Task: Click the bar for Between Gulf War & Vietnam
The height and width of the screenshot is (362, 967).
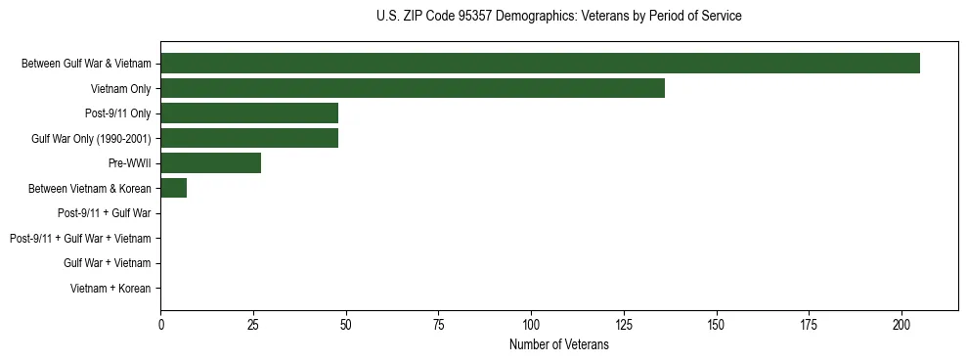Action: click(x=540, y=64)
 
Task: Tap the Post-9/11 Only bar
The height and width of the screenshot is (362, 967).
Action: click(x=249, y=113)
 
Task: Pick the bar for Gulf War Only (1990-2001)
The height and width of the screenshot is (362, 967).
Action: click(x=249, y=138)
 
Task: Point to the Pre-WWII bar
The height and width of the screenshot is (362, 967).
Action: click(x=211, y=163)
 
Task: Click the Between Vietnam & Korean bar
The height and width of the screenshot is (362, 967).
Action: click(x=174, y=188)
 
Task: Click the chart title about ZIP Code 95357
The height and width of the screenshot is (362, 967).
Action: click(x=558, y=17)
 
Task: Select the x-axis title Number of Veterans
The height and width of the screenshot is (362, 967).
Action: click(x=558, y=345)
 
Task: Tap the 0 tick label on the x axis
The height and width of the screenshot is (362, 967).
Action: click(x=161, y=324)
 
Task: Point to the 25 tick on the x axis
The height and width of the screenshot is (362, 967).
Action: click(x=253, y=324)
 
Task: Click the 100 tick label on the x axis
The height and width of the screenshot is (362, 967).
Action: click(x=531, y=324)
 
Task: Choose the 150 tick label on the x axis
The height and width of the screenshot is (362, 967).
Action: click(x=717, y=324)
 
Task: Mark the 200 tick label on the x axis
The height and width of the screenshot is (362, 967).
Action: click(x=901, y=324)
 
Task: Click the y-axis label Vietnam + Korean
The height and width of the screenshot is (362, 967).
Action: click(x=110, y=289)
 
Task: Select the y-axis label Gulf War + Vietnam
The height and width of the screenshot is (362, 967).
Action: click(x=108, y=263)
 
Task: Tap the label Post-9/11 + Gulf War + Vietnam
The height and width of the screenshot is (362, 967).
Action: click(x=80, y=239)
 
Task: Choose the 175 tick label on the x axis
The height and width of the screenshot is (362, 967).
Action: click(x=810, y=324)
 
